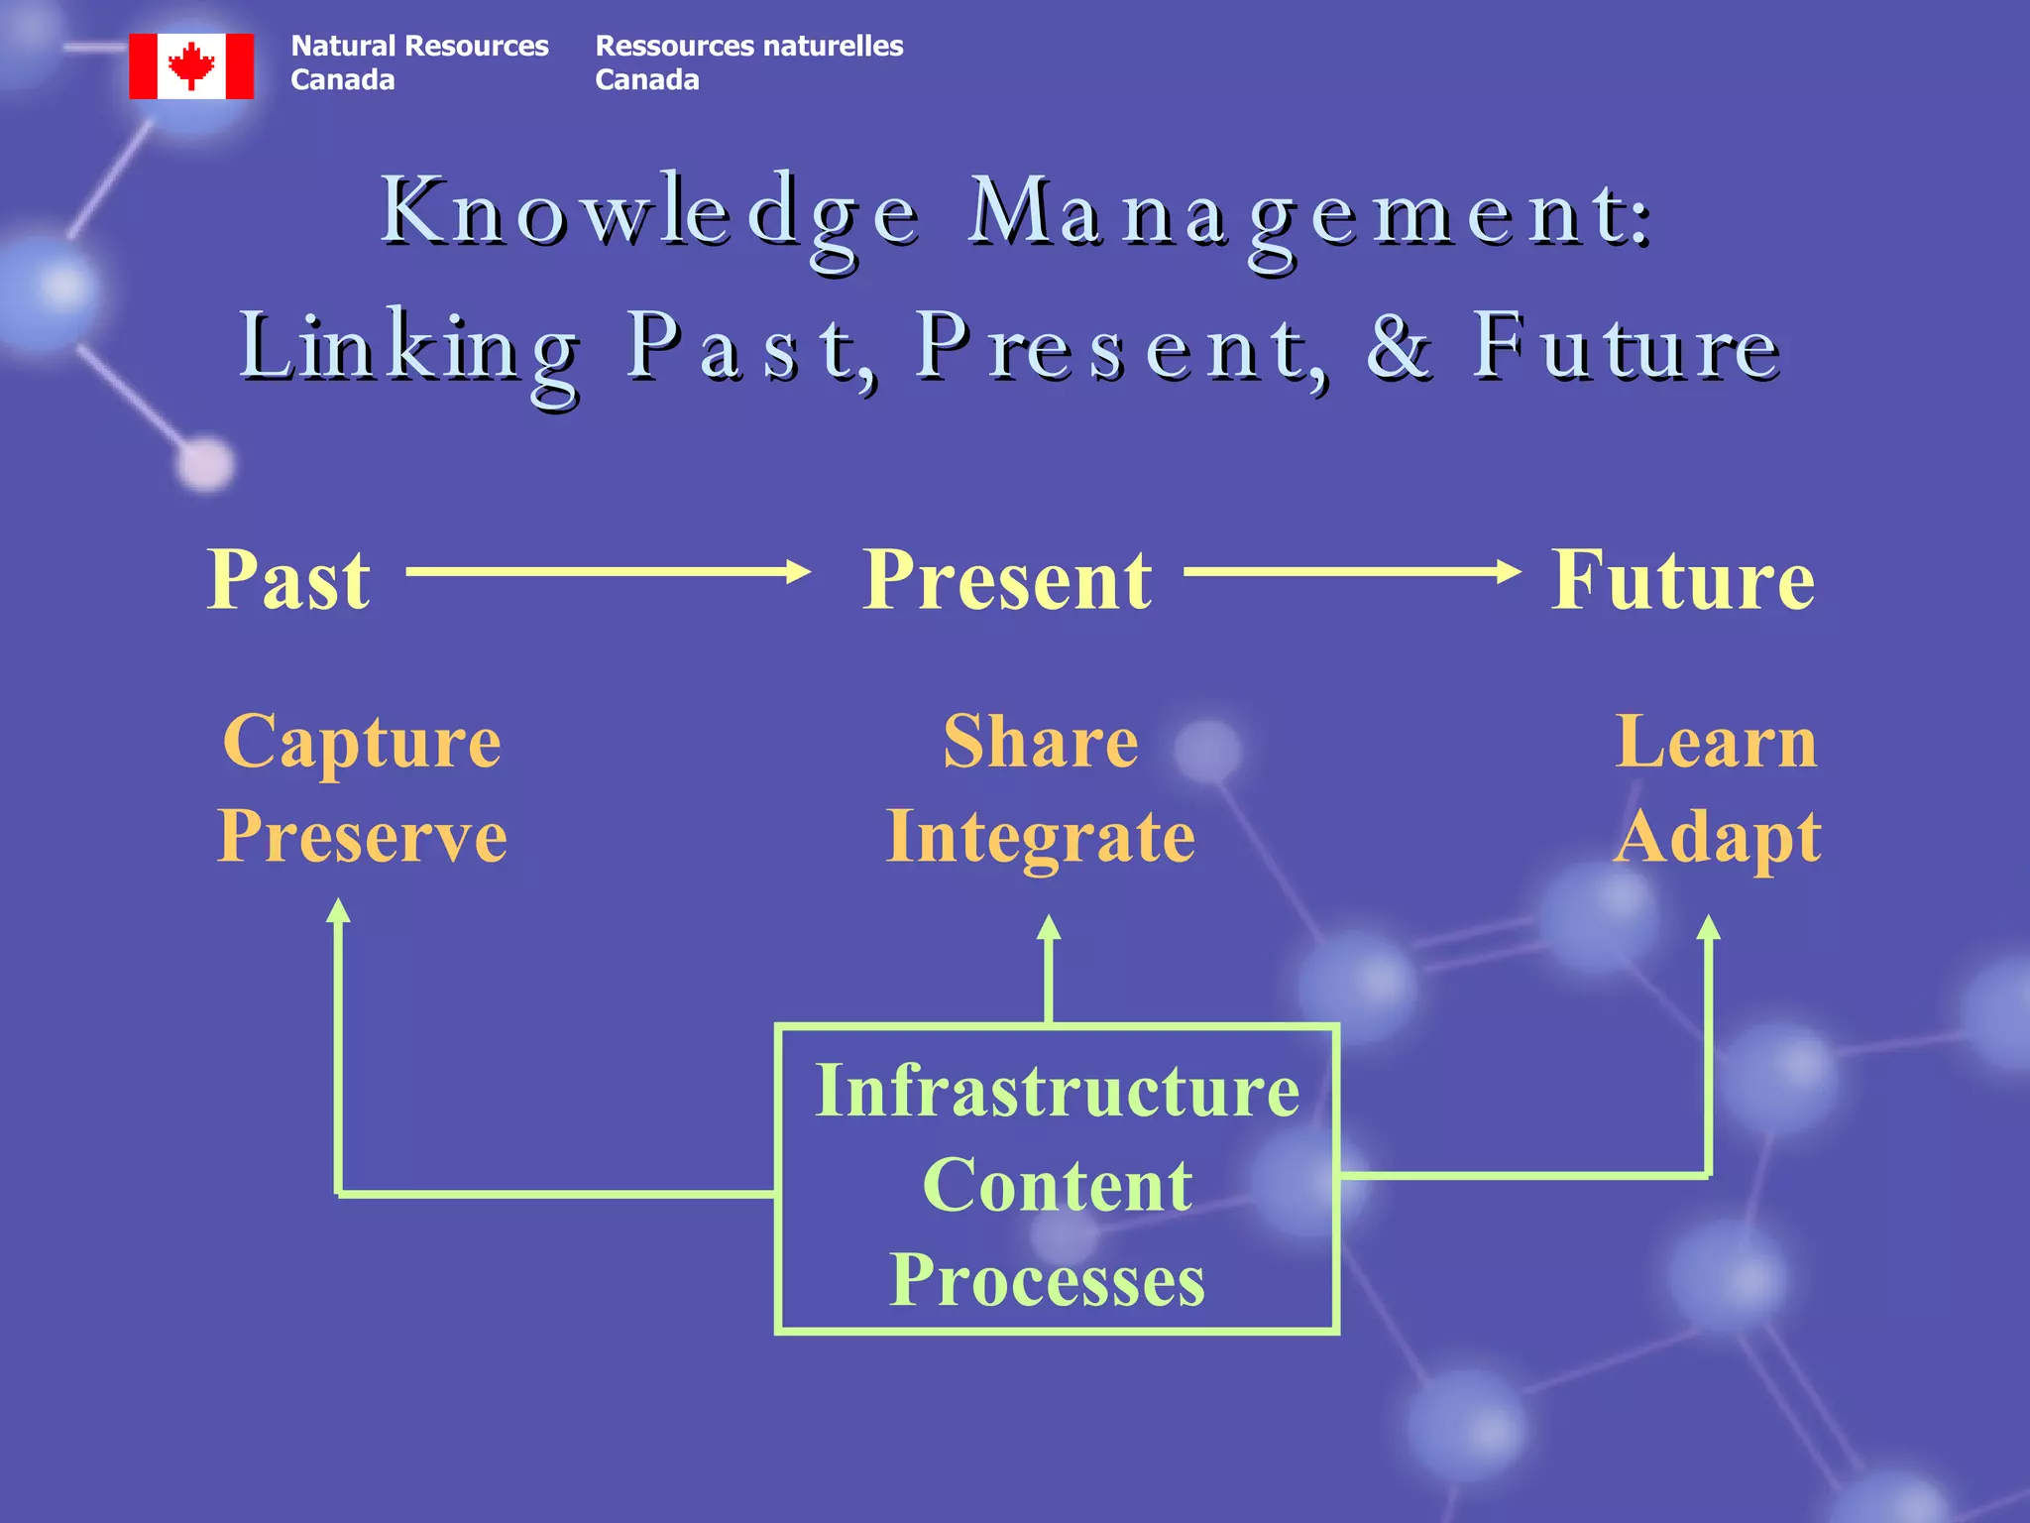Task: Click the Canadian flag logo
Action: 191,66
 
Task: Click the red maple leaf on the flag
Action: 191,65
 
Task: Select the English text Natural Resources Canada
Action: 418,62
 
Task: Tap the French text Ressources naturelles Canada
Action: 748,62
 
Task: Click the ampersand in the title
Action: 1399,347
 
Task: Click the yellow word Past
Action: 288,580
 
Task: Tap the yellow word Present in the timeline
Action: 1007,580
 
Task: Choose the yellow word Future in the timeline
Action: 1683,580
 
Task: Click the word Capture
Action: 362,742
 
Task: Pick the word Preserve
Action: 362,836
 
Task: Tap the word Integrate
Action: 1041,838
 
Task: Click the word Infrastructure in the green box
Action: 1057,1091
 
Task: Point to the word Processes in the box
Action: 1047,1280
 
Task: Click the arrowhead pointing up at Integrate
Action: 1049,928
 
